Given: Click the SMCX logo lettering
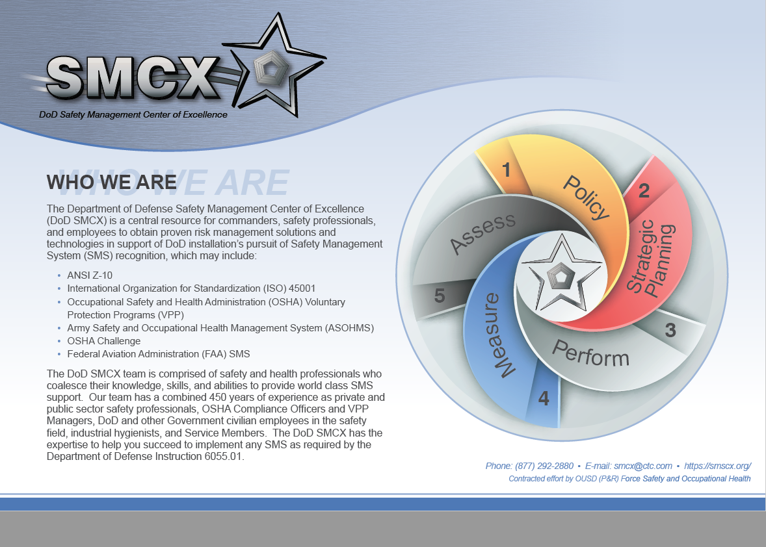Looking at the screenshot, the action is tap(133, 77).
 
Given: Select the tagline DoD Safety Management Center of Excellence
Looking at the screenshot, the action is tap(133, 115).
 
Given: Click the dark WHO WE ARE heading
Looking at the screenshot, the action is tap(111, 182).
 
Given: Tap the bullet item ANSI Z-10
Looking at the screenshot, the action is tap(90, 275).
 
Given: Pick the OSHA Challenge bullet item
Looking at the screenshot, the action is tap(103, 341).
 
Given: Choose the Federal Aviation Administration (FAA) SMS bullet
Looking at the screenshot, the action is tap(158, 354).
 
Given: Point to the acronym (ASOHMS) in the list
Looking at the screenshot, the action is tap(349, 328).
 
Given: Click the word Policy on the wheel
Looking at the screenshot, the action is tap(587, 197).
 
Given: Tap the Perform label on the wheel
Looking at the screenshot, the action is tap(590, 354).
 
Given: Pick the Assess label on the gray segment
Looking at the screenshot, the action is tap(482, 233).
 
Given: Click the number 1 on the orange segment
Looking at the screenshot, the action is tap(506, 170).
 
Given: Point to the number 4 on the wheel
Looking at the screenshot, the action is tap(544, 399).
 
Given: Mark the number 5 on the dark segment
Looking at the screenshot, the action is tap(440, 296).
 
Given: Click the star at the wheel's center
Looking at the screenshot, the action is tap(562, 273).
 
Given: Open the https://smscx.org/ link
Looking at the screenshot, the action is tap(718, 466).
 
